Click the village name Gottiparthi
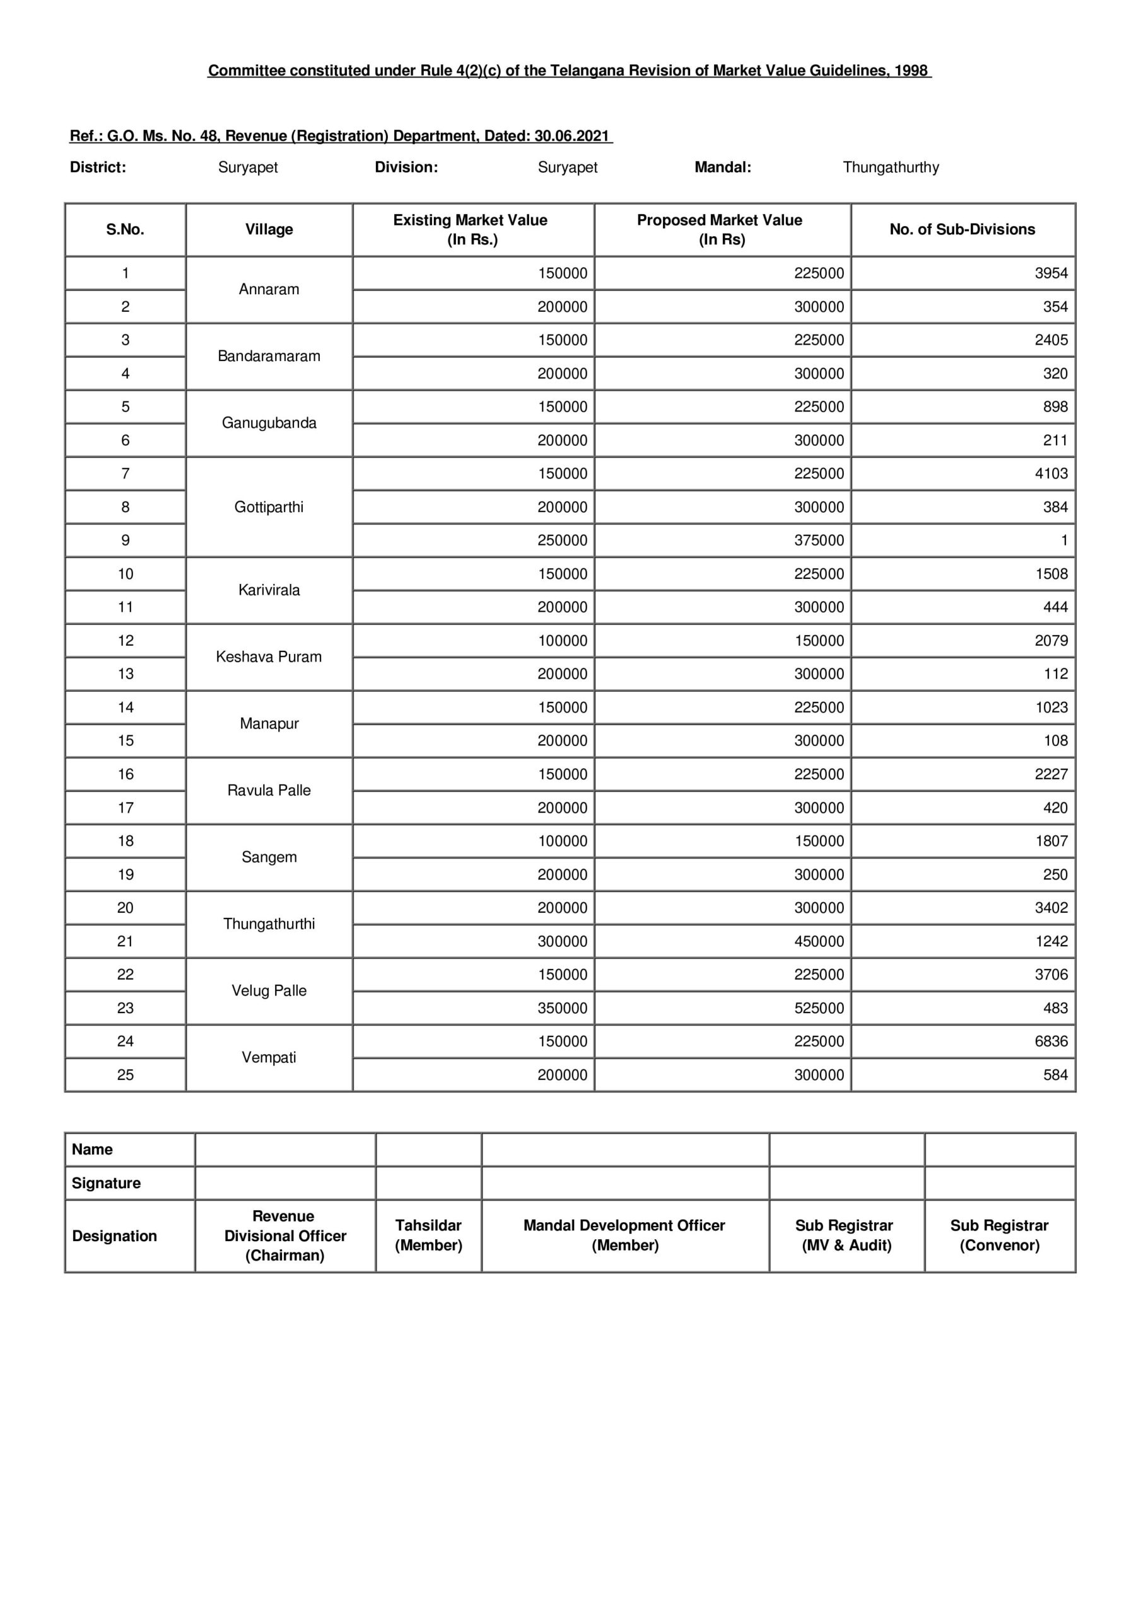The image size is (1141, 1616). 269,507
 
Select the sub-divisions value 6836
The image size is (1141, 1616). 1050,1041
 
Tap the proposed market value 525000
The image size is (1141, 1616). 819,1008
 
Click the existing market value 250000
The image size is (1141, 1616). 562,540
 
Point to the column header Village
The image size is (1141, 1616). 269,229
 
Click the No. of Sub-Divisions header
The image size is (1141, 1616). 962,229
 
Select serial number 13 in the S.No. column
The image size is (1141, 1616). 126,674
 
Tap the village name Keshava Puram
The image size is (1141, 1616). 269,656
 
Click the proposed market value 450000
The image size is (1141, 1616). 819,941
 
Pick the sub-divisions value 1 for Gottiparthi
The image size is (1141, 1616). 1063,540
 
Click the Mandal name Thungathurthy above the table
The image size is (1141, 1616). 891,167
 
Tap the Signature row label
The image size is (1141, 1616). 106,1183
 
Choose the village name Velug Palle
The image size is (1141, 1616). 269,990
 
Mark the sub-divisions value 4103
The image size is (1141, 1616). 1050,473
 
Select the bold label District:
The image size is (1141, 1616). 98,167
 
